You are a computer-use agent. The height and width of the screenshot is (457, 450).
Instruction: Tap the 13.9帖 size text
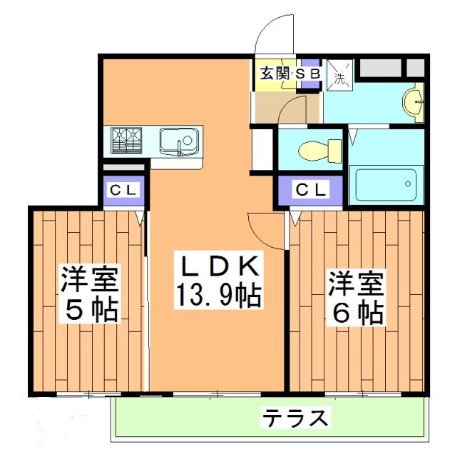(x=216, y=293)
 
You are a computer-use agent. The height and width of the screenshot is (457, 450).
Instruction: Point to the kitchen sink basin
(x=178, y=139)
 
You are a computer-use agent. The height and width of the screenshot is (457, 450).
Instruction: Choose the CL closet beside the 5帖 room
(x=124, y=191)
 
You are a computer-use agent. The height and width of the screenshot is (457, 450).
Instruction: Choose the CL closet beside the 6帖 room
(x=311, y=190)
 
